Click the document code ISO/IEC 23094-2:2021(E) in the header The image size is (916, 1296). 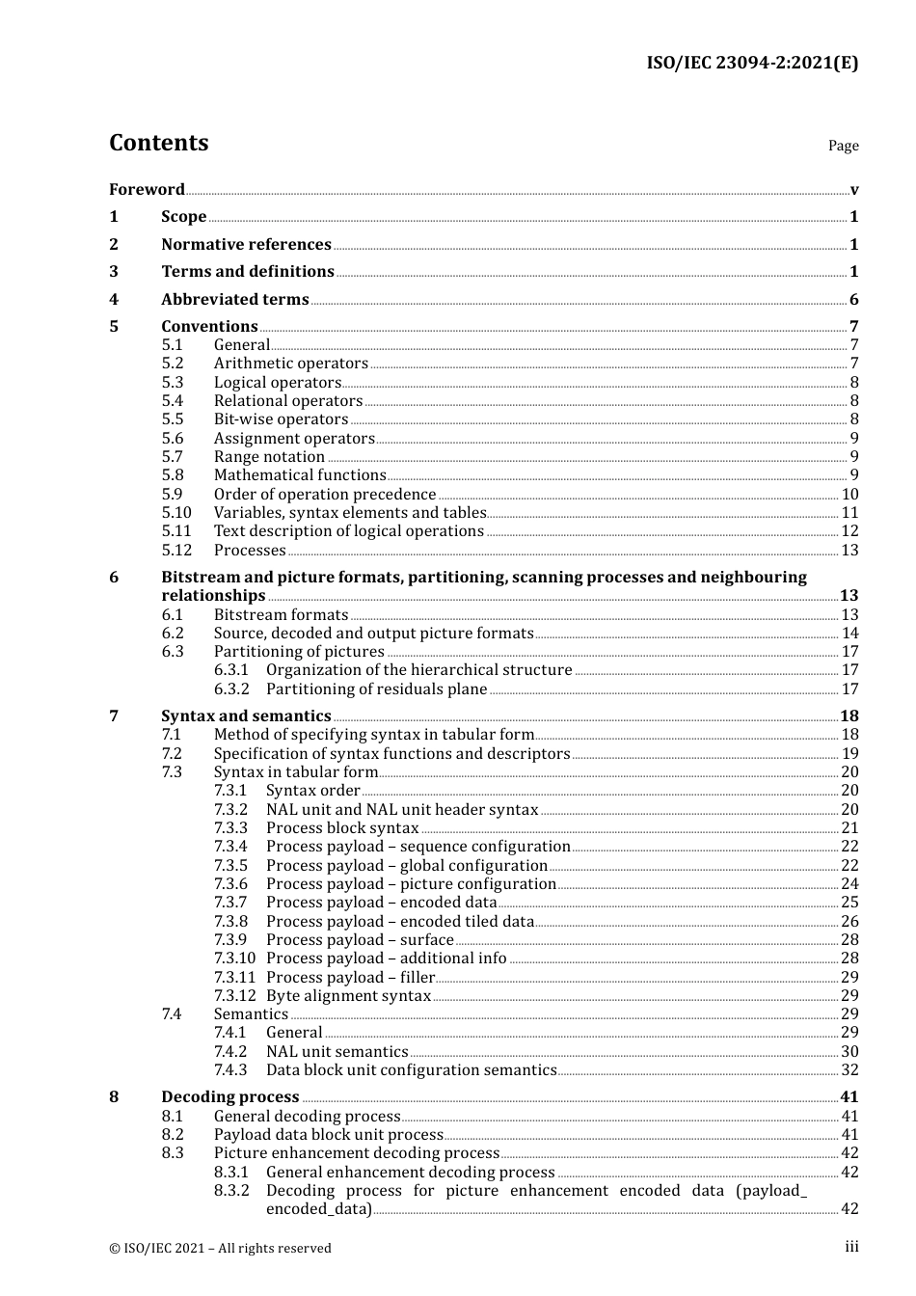pos(751,64)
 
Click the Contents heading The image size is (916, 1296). pos(159,143)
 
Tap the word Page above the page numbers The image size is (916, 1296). pos(843,146)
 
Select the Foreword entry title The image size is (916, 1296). pos(147,189)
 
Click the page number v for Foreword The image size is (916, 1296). pos(854,189)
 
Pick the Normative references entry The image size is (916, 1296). pos(246,244)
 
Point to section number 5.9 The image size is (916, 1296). pos(172,494)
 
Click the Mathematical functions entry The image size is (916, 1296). pos(300,474)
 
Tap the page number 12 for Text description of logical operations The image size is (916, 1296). pos(849,530)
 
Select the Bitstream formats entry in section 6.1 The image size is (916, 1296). pos(281,614)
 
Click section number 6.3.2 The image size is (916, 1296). pos(231,688)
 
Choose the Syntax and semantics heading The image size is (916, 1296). pos(246,715)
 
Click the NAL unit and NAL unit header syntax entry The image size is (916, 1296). pos(402,809)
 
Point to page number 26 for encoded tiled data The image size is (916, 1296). pos(849,921)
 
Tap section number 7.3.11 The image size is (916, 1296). pos(234,977)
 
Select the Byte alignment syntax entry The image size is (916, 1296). pos(348,995)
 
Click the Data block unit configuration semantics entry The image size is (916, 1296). pos(412,1069)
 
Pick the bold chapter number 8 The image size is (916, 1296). pos(114,1096)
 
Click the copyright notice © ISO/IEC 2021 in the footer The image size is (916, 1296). pos(220,1248)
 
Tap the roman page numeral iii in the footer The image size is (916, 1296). pos(851,1247)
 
